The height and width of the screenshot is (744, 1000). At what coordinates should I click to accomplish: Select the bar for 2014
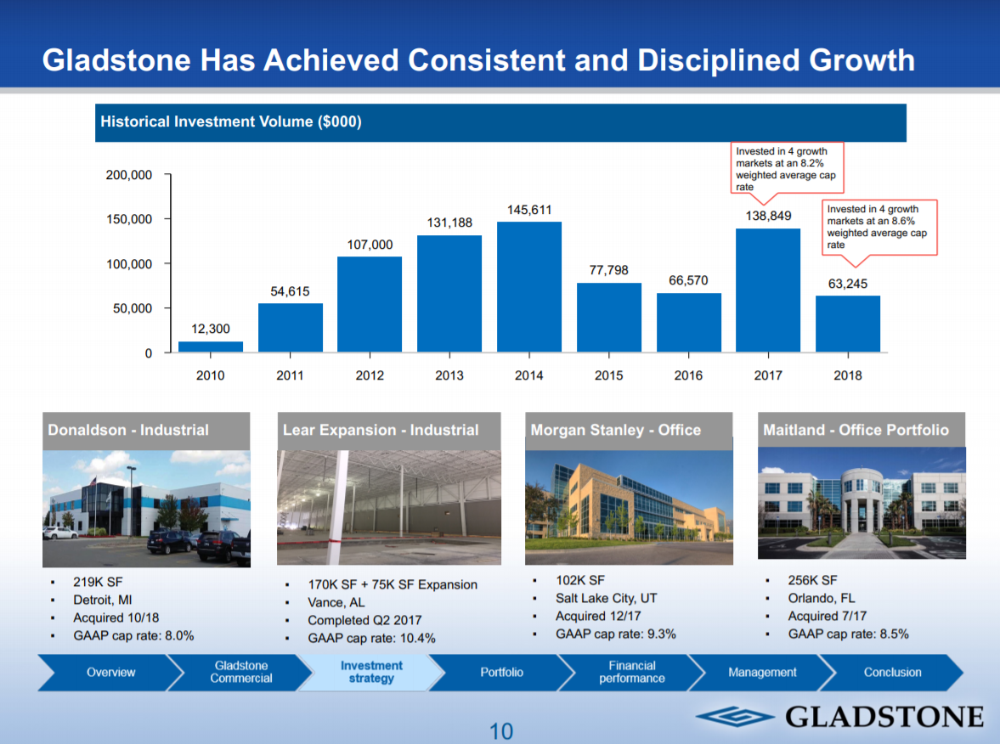[x=528, y=287]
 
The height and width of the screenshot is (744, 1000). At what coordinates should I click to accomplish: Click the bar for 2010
[x=210, y=347]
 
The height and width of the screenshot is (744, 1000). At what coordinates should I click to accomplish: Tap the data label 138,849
[x=768, y=216]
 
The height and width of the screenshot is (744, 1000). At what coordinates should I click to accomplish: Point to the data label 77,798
[x=608, y=270]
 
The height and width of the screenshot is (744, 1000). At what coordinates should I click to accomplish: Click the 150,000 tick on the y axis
[x=129, y=219]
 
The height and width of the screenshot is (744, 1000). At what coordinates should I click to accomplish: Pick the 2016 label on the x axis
[x=688, y=375]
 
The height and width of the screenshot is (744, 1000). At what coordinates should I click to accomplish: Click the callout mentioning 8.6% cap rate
[x=881, y=227]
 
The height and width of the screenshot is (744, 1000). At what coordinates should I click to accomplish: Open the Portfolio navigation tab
[x=501, y=673]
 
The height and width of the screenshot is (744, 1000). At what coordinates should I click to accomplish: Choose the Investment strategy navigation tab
[x=371, y=673]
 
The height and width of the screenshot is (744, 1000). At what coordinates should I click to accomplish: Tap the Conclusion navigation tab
[x=892, y=673]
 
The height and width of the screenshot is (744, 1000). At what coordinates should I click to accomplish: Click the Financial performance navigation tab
[x=631, y=673]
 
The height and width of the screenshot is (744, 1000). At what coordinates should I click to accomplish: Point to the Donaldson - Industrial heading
[x=128, y=430]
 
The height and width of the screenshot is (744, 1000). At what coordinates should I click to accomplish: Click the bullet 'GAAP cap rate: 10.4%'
[x=371, y=638]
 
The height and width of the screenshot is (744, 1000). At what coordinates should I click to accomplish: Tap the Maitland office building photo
[x=861, y=502]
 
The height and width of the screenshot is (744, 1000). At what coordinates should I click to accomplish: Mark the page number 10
[x=501, y=730]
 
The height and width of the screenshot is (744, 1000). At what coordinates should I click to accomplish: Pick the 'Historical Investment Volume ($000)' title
[x=231, y=121]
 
